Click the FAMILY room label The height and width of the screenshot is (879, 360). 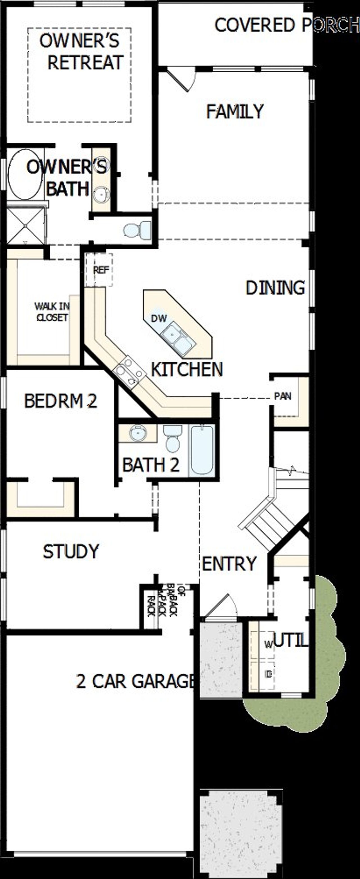[x=235, y=112]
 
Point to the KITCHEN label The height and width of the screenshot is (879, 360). [x=187, y=369]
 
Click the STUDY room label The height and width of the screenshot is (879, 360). [x=71, y=551]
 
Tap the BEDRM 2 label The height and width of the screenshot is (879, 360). [x=61, y=401]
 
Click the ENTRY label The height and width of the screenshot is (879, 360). [x=229, y=564]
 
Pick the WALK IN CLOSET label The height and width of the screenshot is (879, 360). [x=52, y=311]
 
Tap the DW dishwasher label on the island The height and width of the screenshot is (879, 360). [x=159, y=318]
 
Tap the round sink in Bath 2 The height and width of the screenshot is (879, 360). [x=138, y=433]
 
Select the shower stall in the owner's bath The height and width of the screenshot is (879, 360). [x=26, y=225]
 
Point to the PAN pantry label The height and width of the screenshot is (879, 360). [x=283, y=396]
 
